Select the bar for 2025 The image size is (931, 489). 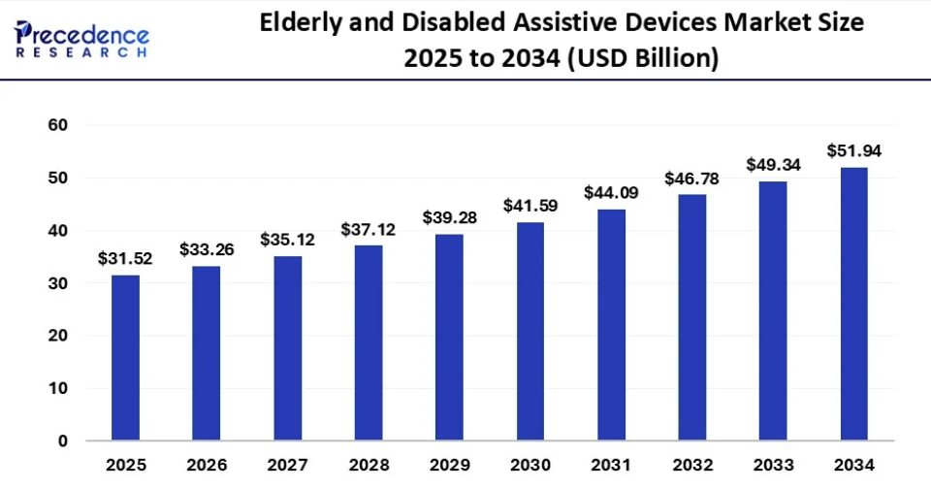pyautogui.click(x=125, y=358)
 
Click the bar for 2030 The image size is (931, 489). pyautogui.click(x=530, y=332)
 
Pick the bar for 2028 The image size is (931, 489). pyautogui.click(x=368, y=343)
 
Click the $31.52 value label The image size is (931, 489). pyautogui.click(x=125, y=259)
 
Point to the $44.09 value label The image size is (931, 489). pyautogui.click(x=611, y=193)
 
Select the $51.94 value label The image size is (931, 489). pyautogui.click(x=853, y=151)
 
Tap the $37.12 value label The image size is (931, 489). pyautogui.click(x=368, y=230)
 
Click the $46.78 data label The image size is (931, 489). pyautogui.click(x=691, y=179)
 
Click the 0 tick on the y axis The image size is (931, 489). pyautogui.click(x=62, y=441)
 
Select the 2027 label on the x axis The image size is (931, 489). pyautogui.click(x=287, y=464)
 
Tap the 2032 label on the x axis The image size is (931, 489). pyautogui.click(x=691, y=464)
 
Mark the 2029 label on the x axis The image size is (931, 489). pyautogui.click(x=449, y=464)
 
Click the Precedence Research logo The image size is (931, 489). pyautogui.click(x=81, y=40)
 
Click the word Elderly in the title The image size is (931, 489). pyautogui.click(x=301, y=23)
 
